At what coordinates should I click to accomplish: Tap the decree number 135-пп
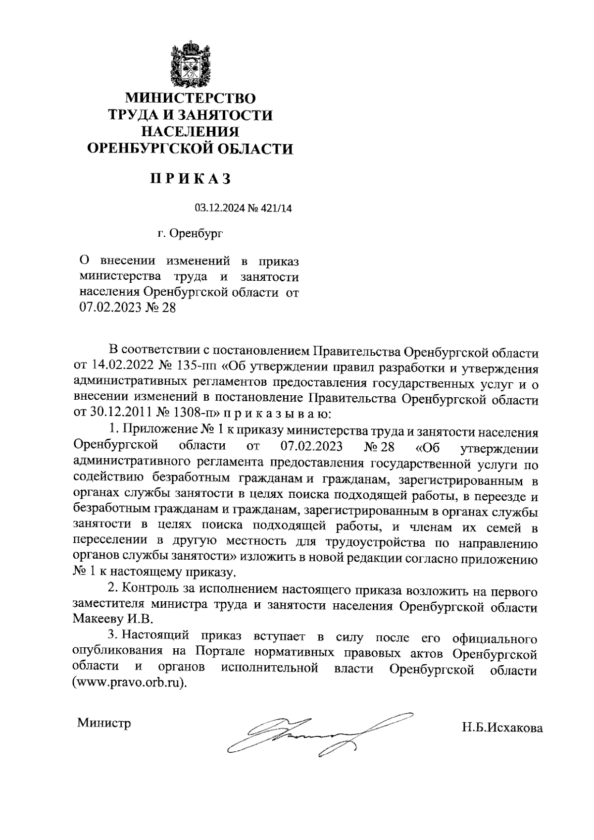[x=196, y=368]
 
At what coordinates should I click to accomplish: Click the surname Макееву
[x=97, y=620]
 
